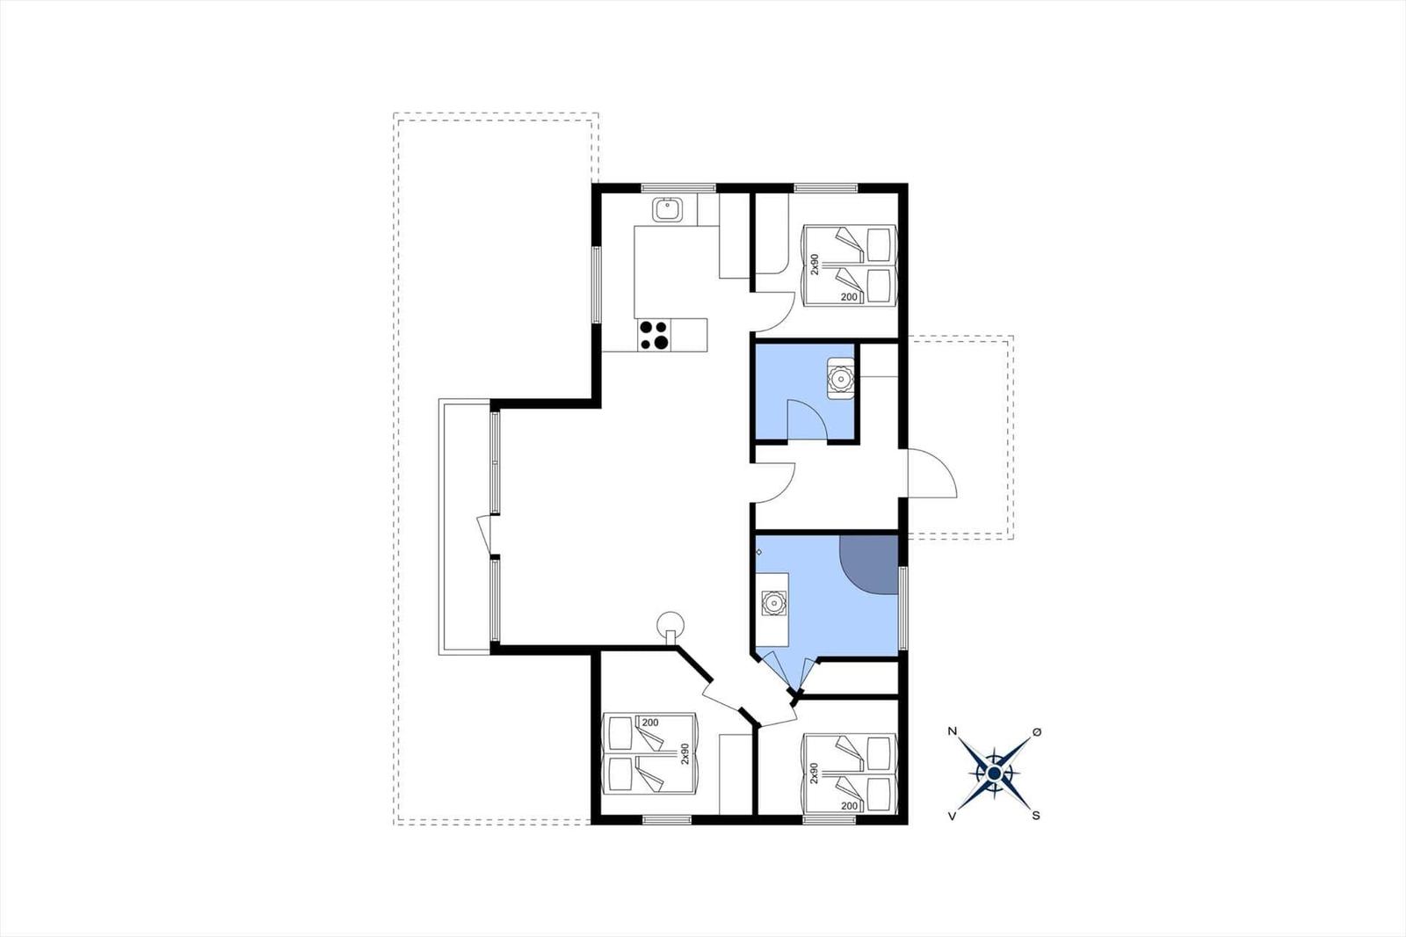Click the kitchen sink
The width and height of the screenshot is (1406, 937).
pyautogui.click(x=667, y=209)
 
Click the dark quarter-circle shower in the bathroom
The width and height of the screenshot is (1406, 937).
pyautogui.click(x=869, y=564)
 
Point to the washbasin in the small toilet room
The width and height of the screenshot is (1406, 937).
pyautogui.click(x=840, y=379)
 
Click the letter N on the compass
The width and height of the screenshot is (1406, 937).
pyautogui.click(x=953, y=731)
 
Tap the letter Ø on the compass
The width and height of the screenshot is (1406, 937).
pyautogui.click(x=1036, y=732)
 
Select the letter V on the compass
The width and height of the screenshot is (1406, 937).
pyautogui.click(x=953, y=816)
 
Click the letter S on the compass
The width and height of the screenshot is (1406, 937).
pyautogui.click(x=1036, y=816)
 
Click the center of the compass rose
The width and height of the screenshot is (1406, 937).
pyautogui.click(x=994, y=774)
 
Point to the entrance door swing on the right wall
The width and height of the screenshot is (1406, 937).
pyautogui.click(x=932, y=474)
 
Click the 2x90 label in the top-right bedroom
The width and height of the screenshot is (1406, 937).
pyautogui.click(x=814, y=265)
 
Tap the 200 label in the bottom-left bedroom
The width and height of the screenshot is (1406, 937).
pyautogui.click(x=650, y=723)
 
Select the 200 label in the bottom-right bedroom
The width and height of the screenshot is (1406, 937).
pyautogui.click(x=849, y=806)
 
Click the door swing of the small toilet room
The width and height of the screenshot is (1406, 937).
pyautogui.click(x=807, y=419)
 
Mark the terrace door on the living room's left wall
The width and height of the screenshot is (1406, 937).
pyautogui.click(x=484, y=535)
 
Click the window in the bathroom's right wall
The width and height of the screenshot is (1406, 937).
pyautogui.click(x=903, y=608)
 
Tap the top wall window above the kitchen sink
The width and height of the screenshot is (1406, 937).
pyautogui.click(x=678, y=187)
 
